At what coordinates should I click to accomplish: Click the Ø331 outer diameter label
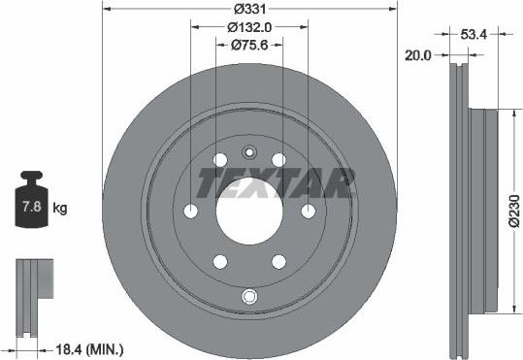(x=249, y=10)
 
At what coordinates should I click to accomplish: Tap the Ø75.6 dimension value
(x=249, y=45)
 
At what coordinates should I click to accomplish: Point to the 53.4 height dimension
(x=474, y=34)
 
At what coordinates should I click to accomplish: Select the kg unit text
(x=60, y=208)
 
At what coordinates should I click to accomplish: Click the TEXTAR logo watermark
(x=276, y=181)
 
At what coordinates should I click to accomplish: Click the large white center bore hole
(x=249, y=211)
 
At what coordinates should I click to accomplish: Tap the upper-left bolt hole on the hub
(x=219, y=159)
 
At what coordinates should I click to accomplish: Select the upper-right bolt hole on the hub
(x=279, y=159)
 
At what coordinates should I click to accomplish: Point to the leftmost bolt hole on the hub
(x=190, y=211)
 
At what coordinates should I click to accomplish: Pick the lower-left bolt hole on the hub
(x=219, y=262)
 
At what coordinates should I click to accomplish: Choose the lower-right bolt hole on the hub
(x=279, y=262)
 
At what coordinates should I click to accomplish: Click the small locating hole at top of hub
(x=249, y=150)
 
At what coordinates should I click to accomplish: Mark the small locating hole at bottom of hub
(x=249, y=296)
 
